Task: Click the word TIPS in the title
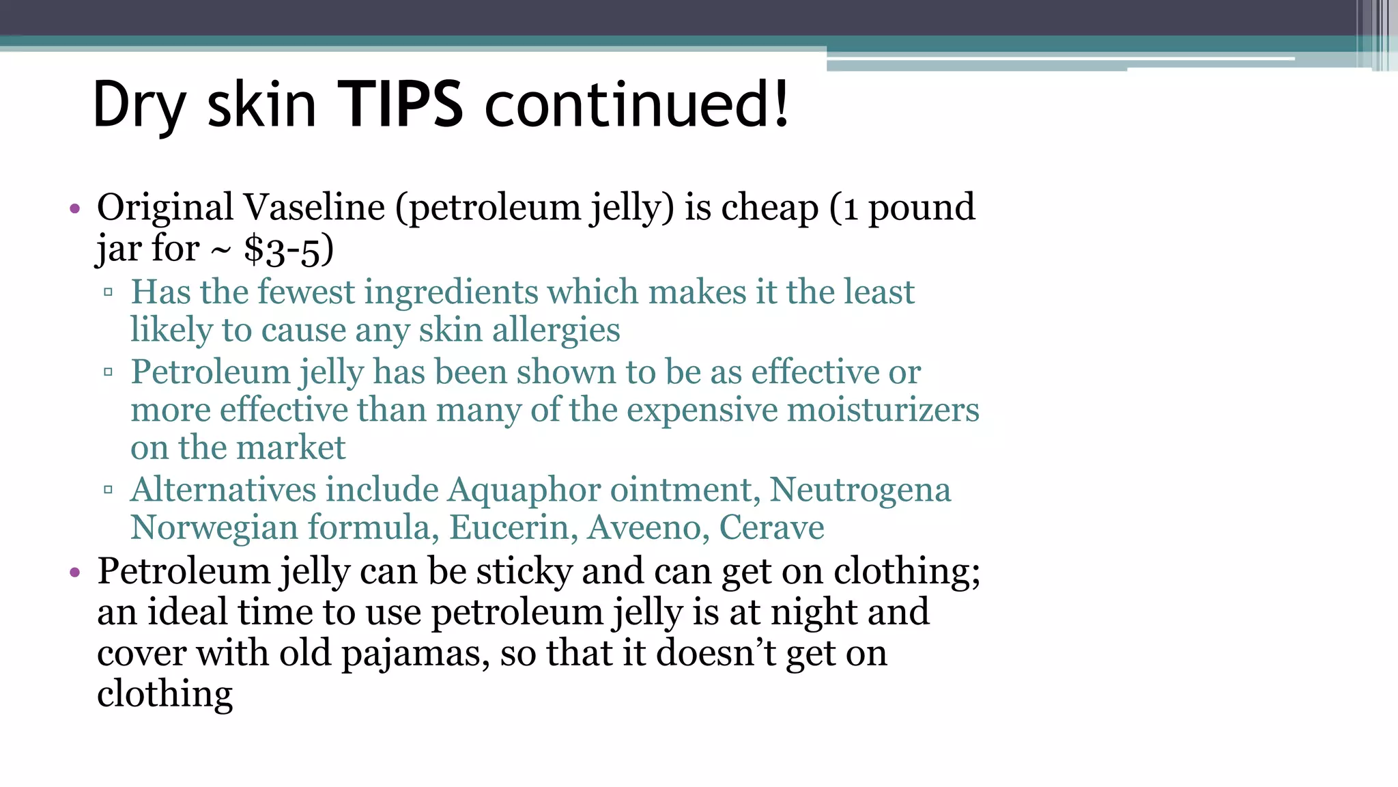401,104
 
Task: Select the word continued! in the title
637,104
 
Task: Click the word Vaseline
314,207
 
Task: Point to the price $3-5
283,249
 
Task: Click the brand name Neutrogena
860,490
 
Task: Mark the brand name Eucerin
509,527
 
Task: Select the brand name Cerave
771,527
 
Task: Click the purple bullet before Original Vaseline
75,208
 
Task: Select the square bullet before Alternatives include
108,490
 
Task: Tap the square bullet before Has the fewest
108,293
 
